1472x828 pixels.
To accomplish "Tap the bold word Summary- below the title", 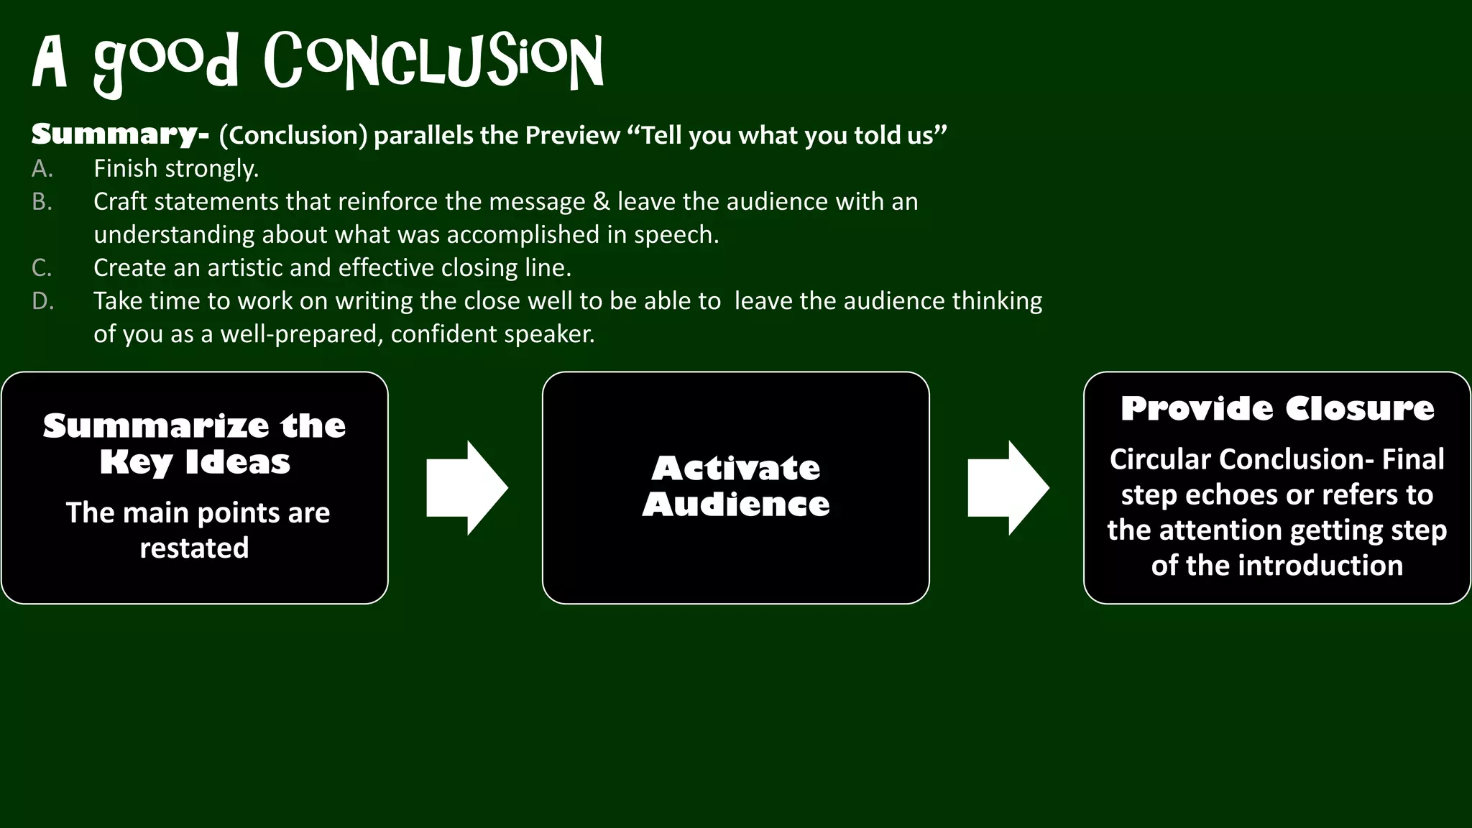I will (120, 134).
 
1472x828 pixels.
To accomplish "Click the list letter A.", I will (42, 169).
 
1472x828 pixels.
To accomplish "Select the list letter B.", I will (42, 202).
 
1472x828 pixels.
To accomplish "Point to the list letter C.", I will (42, 268).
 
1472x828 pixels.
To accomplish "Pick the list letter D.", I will (42, 301).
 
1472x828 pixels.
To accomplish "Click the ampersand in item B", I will (601, 202).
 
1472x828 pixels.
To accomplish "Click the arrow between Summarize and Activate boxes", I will (466, 488).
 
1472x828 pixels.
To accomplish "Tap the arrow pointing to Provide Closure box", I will (1008, 488).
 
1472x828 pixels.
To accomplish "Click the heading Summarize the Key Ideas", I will (195, 443).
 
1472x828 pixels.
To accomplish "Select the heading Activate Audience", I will (736, 486).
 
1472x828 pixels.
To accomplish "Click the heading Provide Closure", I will (1277, 409).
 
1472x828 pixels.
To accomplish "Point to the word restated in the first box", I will (194, 548).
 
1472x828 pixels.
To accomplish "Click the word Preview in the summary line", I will (572, 135).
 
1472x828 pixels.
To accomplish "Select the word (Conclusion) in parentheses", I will (293, 135).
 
